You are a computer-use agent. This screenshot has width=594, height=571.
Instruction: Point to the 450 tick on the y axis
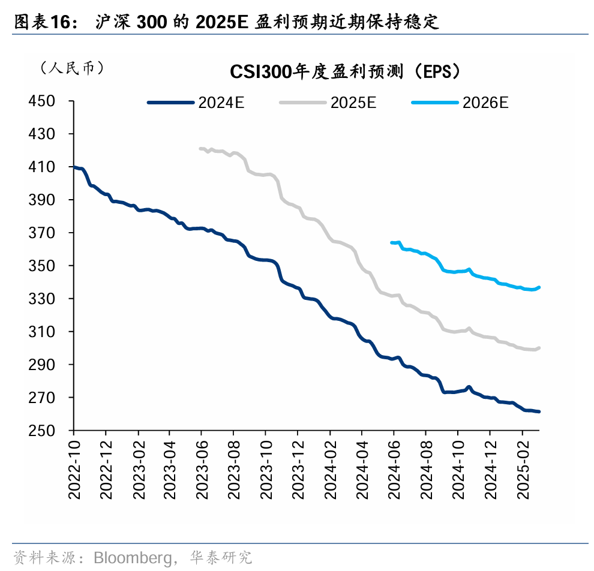pos(42,101)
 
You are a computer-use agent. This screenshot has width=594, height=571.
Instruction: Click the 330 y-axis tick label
pos(42,299)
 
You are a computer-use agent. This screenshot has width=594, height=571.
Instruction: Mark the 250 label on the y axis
pos(42,431)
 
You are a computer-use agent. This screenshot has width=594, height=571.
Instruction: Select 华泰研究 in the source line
pos(220,558)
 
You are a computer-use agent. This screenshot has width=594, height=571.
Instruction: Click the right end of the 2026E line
pos(539,287)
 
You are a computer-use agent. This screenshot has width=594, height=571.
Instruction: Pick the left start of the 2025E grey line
pos(200,148)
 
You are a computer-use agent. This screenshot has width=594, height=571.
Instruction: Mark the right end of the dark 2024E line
pos(539,411)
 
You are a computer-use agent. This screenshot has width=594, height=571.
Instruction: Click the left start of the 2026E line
pos(392,242)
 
